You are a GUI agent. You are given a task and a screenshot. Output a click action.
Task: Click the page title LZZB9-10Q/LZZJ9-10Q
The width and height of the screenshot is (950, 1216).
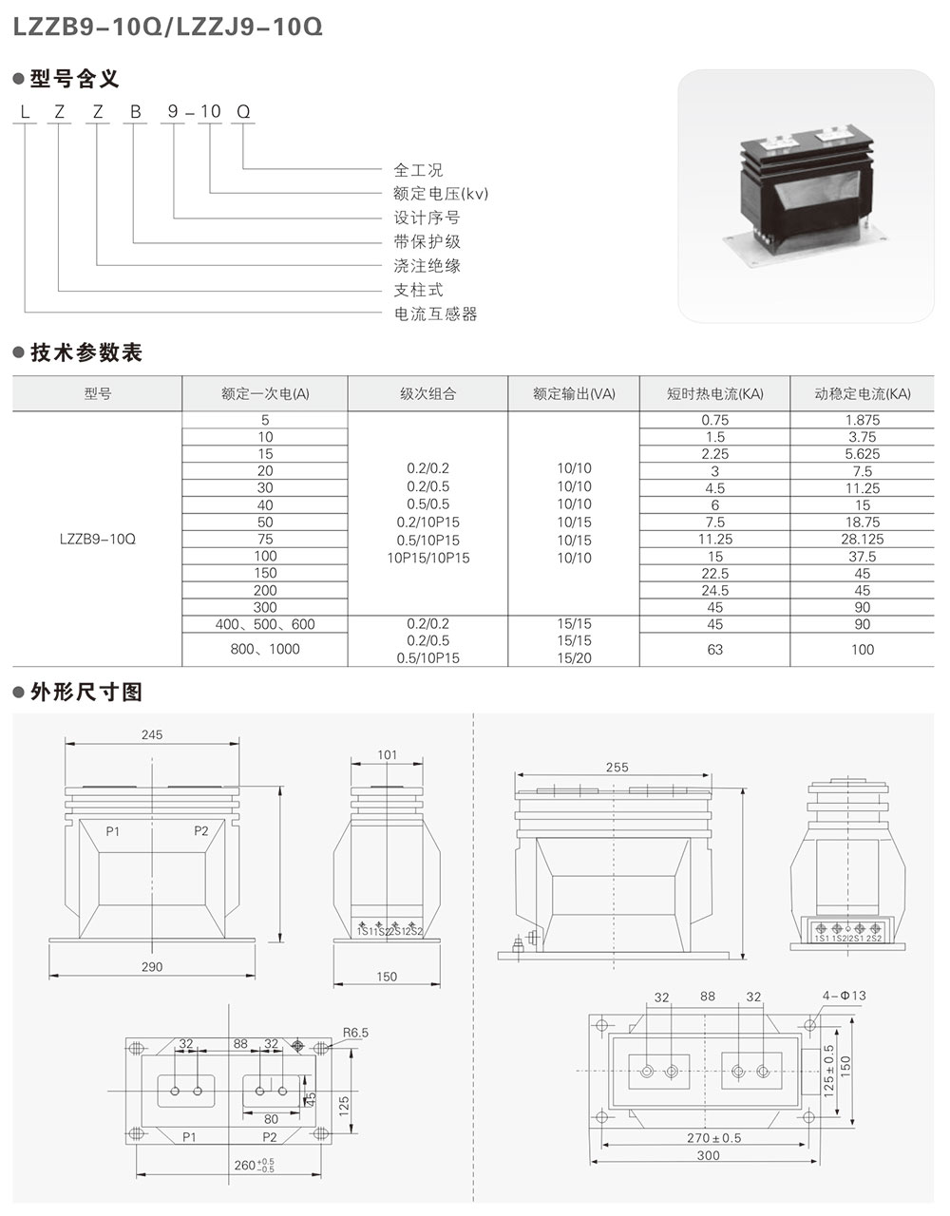[x=167, y=27]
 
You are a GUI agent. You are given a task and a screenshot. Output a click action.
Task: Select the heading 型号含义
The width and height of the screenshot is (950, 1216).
[x=75, y=79]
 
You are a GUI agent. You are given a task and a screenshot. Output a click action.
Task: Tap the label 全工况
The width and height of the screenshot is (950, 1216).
[x=418, y=170]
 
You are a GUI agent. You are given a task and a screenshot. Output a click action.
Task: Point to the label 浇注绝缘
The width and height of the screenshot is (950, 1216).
[x=427, y=266]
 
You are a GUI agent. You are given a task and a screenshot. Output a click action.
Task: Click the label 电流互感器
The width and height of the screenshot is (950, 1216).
[x=435, y=313]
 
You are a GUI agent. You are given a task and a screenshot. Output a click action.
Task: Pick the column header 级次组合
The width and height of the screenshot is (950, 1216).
[x=427, y=393]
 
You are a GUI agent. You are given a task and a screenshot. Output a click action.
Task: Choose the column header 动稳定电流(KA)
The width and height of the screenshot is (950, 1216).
[x=862, y=393]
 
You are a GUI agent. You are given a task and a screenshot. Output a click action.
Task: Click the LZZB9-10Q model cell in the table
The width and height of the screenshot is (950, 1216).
[x=97, y=539]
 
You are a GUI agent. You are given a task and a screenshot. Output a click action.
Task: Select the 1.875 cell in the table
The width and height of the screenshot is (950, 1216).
[x=862, y=420]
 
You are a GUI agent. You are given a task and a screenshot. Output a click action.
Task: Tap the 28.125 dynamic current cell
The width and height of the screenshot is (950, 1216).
[x=862, y=540]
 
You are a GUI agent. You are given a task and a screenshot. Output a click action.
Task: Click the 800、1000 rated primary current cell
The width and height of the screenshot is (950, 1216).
[x=265, y=649]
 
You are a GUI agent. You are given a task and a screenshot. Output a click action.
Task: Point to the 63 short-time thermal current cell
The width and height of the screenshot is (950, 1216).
[x=714, y=650]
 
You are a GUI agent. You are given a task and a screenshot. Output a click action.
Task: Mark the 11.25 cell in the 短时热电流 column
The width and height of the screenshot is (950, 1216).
[x=714, y=540]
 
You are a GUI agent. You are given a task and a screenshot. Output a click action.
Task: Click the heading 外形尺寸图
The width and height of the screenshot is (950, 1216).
[x=86, y=692]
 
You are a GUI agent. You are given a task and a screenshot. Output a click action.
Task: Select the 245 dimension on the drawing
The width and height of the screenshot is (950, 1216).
[x=152, y=734]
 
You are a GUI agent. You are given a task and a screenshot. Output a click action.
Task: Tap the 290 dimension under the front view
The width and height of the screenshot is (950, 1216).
[x=152, y=966]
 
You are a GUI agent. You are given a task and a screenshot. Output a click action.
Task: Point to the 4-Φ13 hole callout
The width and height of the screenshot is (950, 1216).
[x=845, y=997]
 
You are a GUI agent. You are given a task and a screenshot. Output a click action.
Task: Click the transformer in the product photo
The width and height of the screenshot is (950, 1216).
[x=806, y=195]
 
